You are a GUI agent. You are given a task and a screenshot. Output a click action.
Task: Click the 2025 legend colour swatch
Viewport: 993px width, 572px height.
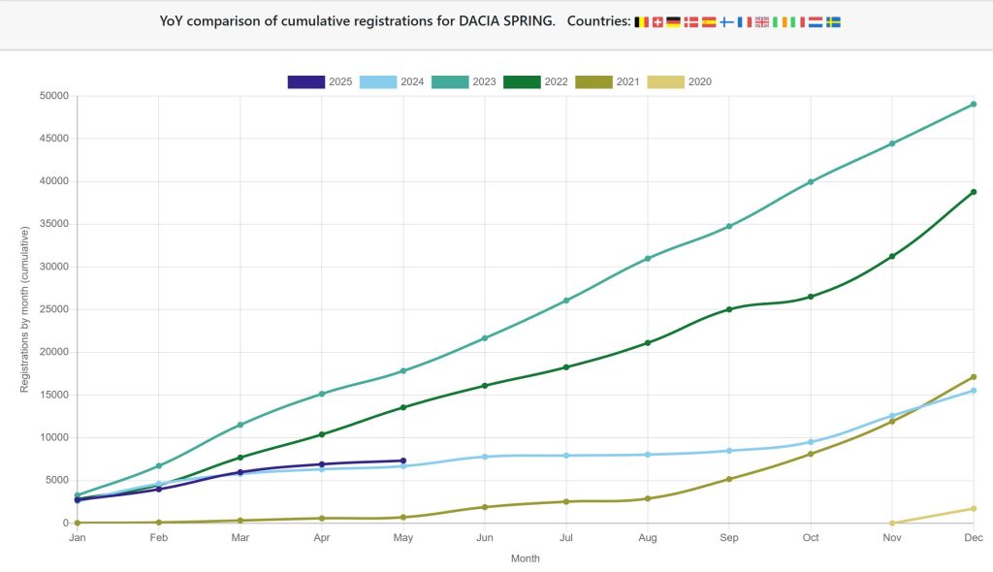pyautogui.click(x=305, y=81)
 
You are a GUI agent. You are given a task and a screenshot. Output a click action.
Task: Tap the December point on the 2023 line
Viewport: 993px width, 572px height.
pyautogui.click(x=973, y=104)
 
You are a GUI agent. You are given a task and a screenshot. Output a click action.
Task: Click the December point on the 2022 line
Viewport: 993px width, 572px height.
pyautogui.click(x=973, y=192)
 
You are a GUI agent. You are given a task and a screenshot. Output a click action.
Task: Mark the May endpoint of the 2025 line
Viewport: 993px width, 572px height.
pyautogui.click(x=402, y=461)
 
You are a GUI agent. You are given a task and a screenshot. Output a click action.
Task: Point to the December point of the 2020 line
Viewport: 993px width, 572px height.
pyautogui.click(x=973, y=508)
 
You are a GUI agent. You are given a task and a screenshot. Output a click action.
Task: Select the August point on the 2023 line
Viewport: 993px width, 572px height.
pyautogui.click(x=647, y=258)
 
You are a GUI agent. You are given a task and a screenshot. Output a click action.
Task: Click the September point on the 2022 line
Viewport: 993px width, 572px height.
pyautogui.click(x=728, y=309)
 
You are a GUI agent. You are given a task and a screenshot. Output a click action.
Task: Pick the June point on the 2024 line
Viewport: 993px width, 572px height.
pyautogui.click(x=484, y=457)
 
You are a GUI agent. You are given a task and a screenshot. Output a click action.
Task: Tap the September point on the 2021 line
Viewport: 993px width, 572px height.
pyautogui.click(x=728, y=479)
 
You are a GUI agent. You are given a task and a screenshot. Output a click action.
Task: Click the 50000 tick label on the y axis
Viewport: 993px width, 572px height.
pyautogui.click(x=53, y=96)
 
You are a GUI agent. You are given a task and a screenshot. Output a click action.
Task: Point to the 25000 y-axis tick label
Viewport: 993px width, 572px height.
pyautogui.click(x=53, y=309)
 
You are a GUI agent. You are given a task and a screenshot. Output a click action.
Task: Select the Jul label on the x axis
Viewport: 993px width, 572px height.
pyautogui.click(x=565, y=538)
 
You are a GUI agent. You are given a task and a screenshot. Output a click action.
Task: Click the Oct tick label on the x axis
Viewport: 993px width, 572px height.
pyautogui.click(x=810, y=538)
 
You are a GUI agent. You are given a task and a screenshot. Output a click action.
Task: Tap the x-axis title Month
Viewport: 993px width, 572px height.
pyautogui.click(x=525, y=558)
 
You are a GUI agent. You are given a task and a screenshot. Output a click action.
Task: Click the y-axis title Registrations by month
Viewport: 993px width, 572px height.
pyautogui.click(x=25, y=309)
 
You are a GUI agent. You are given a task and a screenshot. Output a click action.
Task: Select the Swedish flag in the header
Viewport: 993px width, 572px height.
pyautogui.click(x=832, y=21)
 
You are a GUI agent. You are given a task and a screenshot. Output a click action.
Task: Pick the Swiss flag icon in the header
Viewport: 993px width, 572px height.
pyautogui.click(x=657, y=21)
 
